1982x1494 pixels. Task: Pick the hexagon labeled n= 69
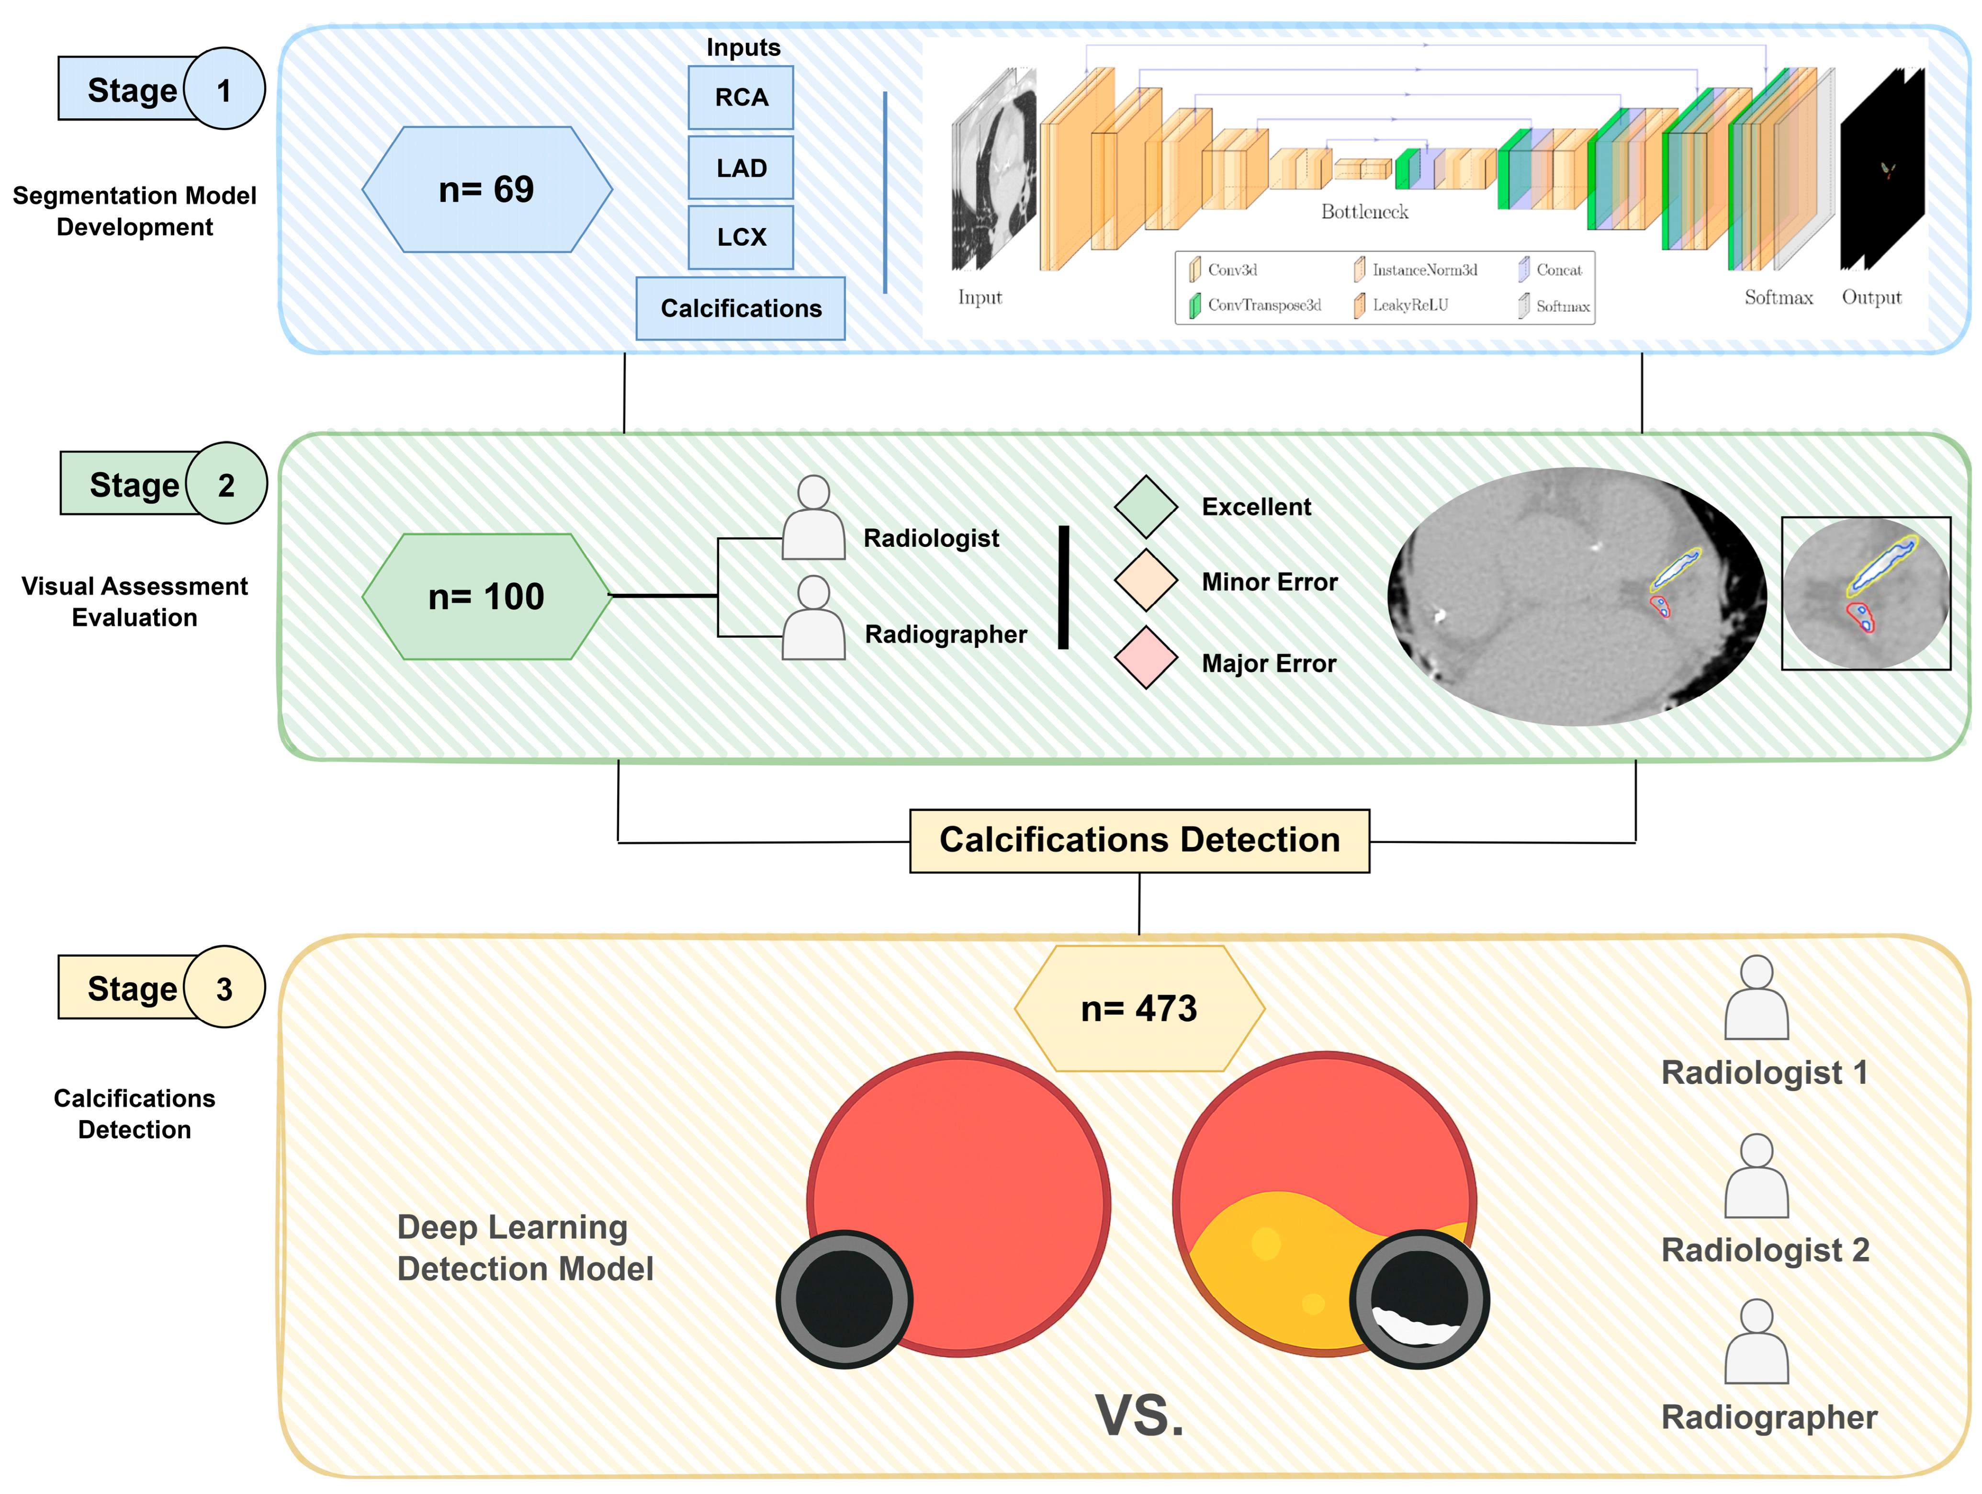(486, 189)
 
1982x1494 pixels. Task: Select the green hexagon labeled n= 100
(486, 597)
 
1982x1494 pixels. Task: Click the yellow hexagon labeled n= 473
(1139, 1008)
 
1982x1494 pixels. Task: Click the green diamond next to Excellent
(1146, 507)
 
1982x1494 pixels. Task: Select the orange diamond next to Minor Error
(1146, 582)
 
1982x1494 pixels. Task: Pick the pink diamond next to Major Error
(1146, 658)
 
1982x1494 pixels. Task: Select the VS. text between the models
(1139, 1416)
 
